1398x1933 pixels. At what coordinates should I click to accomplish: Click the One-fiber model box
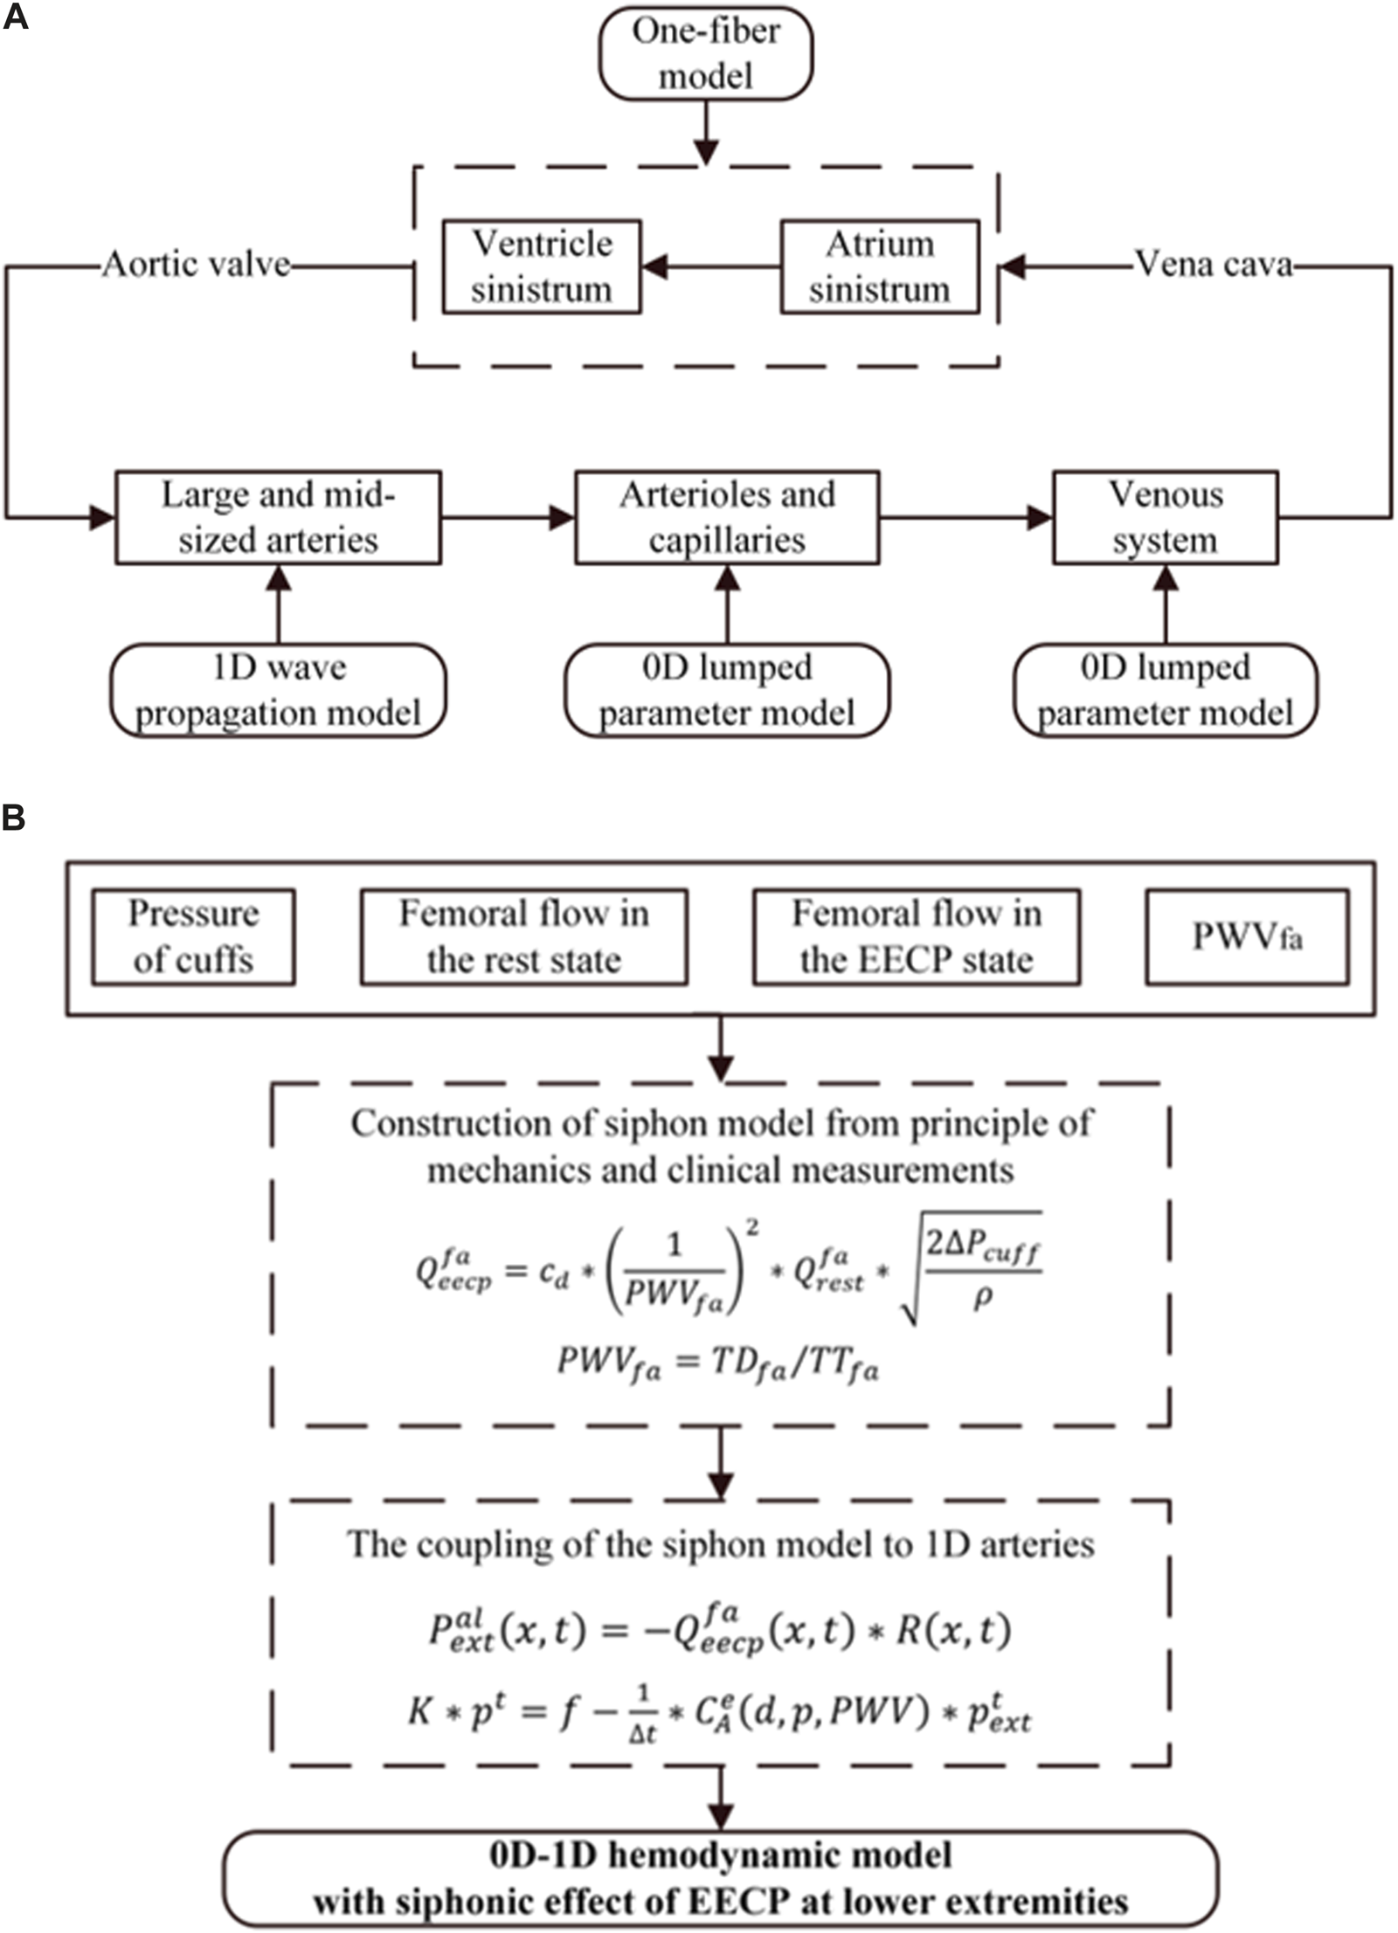pos(705,53)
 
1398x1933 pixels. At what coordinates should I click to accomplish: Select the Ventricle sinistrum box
pos(541,266)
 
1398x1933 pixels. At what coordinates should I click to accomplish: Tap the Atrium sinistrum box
pos(879,266)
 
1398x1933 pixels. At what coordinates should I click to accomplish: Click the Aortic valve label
pos(197,264)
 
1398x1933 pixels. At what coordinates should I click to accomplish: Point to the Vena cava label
pos(1213,264)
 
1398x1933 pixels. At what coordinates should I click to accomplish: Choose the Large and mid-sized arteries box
pos(278,517)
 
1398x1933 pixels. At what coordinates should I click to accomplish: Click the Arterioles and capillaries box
pos(727,517)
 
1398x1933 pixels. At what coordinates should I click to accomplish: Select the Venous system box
pos(1165,517)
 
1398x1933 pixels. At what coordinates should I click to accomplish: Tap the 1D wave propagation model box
pos(278,690)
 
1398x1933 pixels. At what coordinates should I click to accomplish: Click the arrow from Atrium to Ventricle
pos(710,266)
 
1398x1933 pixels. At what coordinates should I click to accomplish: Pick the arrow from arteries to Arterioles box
pos(507,517)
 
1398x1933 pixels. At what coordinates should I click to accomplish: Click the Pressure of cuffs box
pos(193,936)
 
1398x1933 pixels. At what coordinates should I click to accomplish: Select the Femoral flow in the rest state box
pos(523,936)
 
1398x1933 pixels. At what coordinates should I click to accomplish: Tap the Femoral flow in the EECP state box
pos(917,936)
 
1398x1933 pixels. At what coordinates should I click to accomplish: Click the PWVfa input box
pos(1247,936)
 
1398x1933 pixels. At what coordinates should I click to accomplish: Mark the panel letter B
pos(14,818)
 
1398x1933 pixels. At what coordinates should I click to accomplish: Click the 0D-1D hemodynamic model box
pos(721,1878)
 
